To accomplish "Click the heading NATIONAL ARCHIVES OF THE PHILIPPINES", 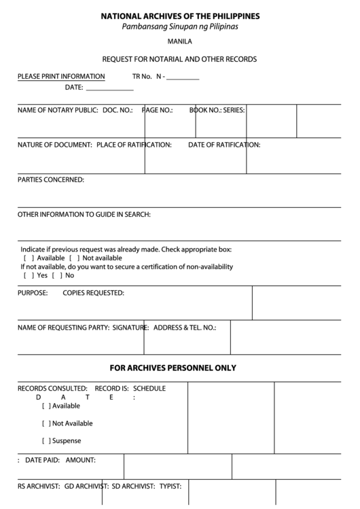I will click(x=180, y=16).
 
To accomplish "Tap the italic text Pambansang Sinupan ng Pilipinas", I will click(x=180, y=27).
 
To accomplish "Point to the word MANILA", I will click(x=179, y=42).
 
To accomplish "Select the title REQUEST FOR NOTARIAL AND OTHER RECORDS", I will click(x=179, y=59).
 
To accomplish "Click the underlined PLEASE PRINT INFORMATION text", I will click(x=61, y=77).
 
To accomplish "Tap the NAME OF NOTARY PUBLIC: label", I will click(x=58, y=109).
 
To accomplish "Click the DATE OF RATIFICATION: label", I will click(x=224, y=145).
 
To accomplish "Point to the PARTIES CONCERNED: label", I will click(x=51, y=180).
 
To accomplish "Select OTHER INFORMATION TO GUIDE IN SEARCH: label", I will click(x=84, y=215).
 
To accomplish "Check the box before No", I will click(x=55, y=276).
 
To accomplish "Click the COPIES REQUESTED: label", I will click(x=93, y=294).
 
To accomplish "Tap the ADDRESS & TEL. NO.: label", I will click(x=185, y=328).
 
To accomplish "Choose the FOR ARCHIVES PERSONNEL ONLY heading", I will click(x=180, y=368).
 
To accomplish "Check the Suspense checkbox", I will click(x=46, y=441).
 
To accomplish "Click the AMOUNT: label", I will click(x=81, y=460).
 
